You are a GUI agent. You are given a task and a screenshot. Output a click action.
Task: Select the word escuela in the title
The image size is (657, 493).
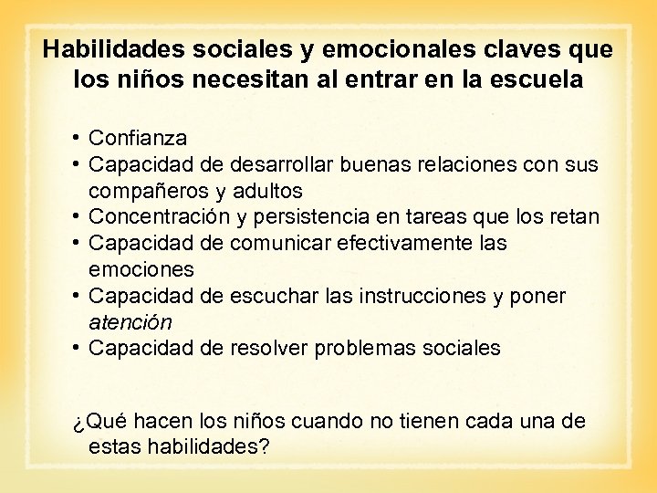[537, 79]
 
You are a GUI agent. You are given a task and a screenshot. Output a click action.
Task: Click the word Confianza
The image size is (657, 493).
[138, 139]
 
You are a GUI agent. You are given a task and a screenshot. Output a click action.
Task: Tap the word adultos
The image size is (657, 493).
[267, 192]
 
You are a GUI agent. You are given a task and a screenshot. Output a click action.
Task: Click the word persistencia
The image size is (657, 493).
[318, 217]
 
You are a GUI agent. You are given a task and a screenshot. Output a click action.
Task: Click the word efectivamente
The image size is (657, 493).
[405, 244]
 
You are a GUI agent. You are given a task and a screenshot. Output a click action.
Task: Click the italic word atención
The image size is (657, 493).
[130, 322]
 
